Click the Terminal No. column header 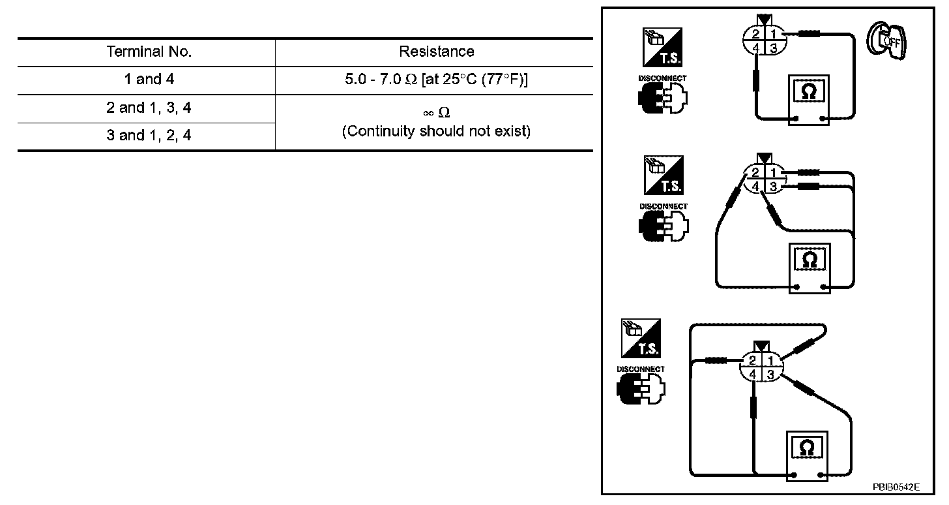149,52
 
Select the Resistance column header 436,52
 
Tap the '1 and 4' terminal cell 149,80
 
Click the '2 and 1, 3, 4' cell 149,108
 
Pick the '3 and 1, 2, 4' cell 149,136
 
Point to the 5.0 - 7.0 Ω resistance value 436,80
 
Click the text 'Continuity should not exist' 436,131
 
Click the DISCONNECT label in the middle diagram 663,206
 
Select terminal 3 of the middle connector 773,187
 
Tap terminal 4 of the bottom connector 752,375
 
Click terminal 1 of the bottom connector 770,360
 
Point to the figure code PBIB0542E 897,487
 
